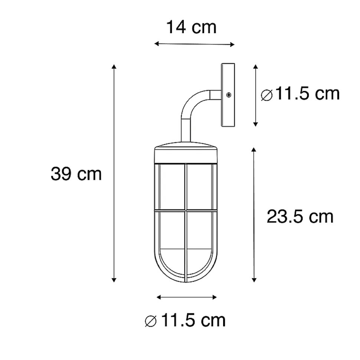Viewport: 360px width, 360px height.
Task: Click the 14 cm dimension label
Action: coord(191,27)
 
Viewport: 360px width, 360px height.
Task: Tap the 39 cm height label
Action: coord(76,174)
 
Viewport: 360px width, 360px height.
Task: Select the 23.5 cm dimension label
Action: coord(300,217)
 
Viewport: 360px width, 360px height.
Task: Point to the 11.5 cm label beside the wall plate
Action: coord(307,94)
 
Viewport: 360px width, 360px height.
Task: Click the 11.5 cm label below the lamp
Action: coord(193,320)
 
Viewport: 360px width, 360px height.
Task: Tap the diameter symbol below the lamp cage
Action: coord(151,321)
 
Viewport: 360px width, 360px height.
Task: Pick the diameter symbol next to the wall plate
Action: coord(267,95)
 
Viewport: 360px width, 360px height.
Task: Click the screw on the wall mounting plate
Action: coord(229,95)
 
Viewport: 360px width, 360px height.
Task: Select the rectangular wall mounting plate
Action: coord(228,95)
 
